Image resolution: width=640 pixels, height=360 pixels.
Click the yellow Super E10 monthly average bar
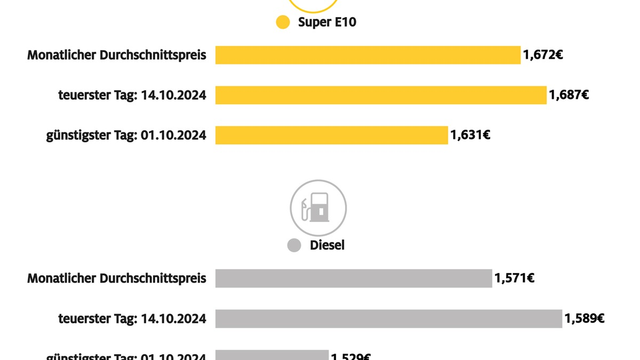coord(367,55)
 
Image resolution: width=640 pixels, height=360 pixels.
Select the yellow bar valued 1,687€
coord(381,95)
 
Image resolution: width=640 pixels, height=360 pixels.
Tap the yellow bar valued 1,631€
coord(331,135)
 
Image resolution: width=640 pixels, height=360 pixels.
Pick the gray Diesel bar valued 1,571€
coord(353,278)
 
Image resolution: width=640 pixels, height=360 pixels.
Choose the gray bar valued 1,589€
coord(388,318)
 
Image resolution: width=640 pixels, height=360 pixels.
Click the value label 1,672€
coord(543,55)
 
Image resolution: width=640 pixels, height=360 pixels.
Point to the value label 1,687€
coord(569,95)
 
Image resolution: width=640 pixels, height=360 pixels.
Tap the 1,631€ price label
coord(470,135)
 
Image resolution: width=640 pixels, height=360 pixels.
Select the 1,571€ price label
coord(515,278)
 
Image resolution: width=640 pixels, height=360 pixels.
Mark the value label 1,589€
coord(585,318)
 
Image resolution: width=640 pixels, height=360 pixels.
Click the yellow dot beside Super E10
coord(283,22)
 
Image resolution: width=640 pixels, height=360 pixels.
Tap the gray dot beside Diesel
coord(294,245)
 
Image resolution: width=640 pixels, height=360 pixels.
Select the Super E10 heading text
coord(326,22)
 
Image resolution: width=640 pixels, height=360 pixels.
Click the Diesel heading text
coord(327,245)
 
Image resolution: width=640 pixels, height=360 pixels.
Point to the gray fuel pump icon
coord(318,207)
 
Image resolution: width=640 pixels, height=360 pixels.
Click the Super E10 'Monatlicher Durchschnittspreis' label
coord(117,55)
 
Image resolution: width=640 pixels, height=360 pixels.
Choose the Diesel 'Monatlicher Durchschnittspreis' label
coord(117,278)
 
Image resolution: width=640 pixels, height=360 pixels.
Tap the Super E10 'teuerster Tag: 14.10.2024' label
coord(132,95)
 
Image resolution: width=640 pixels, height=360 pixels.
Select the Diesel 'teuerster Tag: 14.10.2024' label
coord(132,318)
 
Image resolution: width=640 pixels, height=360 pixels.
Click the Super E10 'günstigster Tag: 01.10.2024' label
coord(126,135)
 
